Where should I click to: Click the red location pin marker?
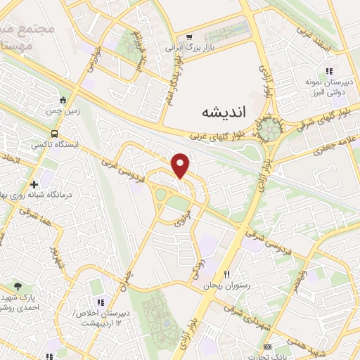click(181, 165)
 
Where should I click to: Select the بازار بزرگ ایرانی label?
click(188, 49)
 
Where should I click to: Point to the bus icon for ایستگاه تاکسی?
click(54, 134)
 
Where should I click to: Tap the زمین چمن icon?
click(63, 100)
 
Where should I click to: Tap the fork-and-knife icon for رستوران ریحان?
click(226, 274)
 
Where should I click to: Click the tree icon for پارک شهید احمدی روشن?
click(18, 286)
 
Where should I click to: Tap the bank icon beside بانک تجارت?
click(267, 347)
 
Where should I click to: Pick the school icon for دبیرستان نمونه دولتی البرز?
click(328, 71)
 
